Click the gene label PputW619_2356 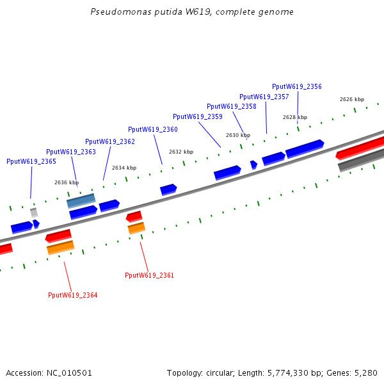pos(297,86)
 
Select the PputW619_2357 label pos(264,97)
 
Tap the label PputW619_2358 pos(232,106)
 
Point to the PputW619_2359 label pos(198,116)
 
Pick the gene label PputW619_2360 pos(153,129)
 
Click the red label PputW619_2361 pos(149,275)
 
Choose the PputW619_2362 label pos(110,141)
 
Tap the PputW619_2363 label pos(71,152)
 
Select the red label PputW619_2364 pos(73,295)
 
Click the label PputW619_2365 pos(31,161)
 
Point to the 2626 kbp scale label pos(352,99)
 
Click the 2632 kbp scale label pos(181,152)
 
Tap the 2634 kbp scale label pos(124,168)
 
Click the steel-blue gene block pos(81,201)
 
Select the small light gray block pos(34,212)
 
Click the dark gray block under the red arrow pos(361,160)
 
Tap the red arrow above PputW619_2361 pos(134,216)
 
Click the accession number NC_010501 pos(69,373)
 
